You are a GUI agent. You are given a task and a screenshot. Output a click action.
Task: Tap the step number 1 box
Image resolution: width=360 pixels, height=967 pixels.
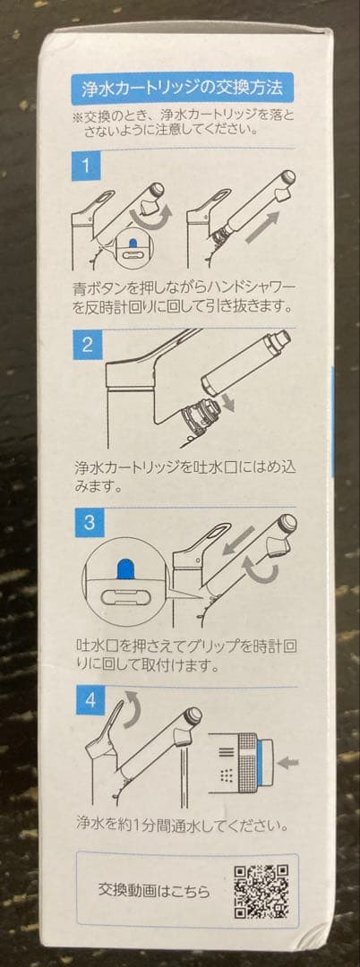[x=86, y=166]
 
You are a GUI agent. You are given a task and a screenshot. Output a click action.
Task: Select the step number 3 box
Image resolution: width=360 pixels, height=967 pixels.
[x=89, y=524]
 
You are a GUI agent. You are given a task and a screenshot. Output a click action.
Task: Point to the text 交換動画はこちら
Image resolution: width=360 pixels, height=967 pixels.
[x=154, y=890]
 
